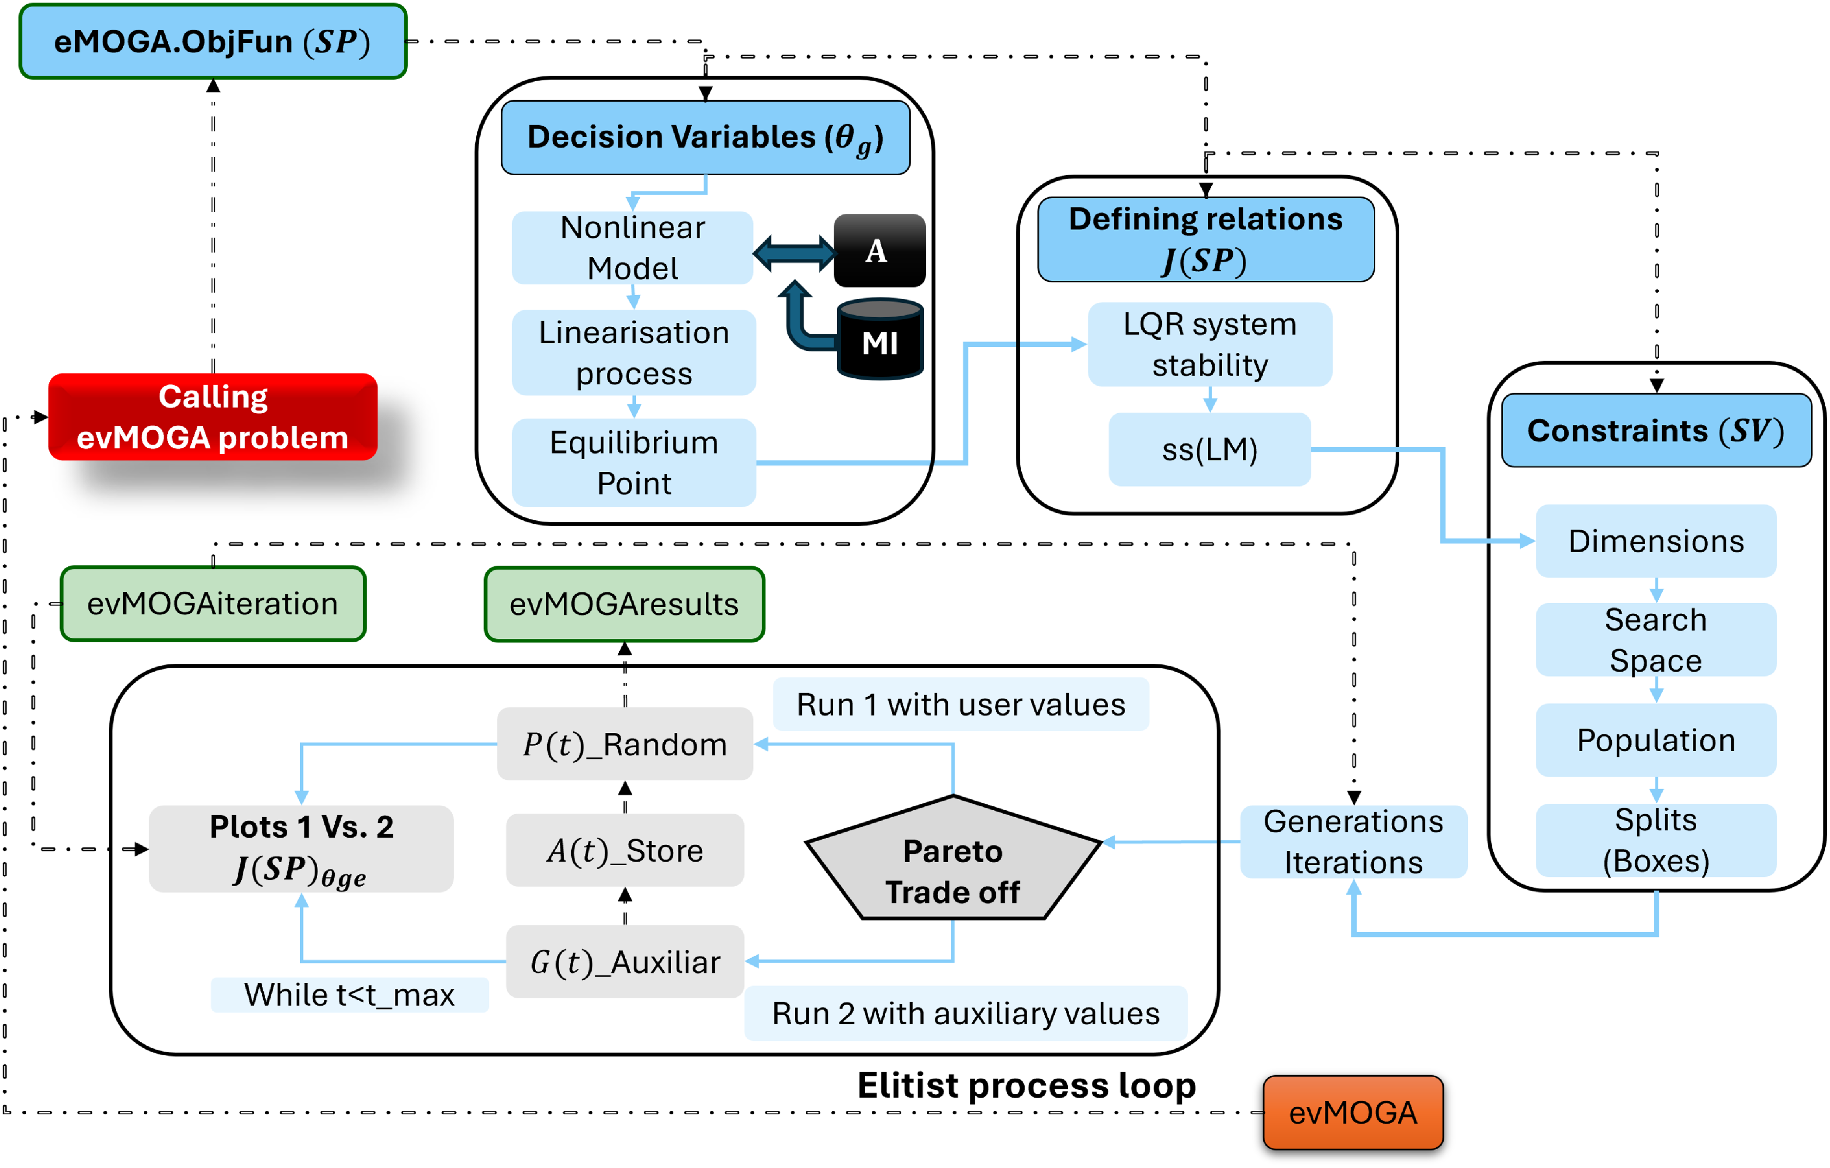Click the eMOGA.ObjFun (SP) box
tap(213, 41)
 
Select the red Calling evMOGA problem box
tap(213, 416)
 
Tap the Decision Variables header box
tap(705, 138)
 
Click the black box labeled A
tap(879, 250)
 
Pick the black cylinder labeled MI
tap(880, 339)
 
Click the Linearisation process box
tap(634, 352)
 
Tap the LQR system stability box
tap(1210, 344)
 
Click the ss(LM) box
tap(1210, 449)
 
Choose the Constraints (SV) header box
tap(1657, 430)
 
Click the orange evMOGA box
tap(1353, 1113)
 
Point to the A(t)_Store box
tap(625, 850)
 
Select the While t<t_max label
tap(350, 995)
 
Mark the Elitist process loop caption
tap(1027, 1085)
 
